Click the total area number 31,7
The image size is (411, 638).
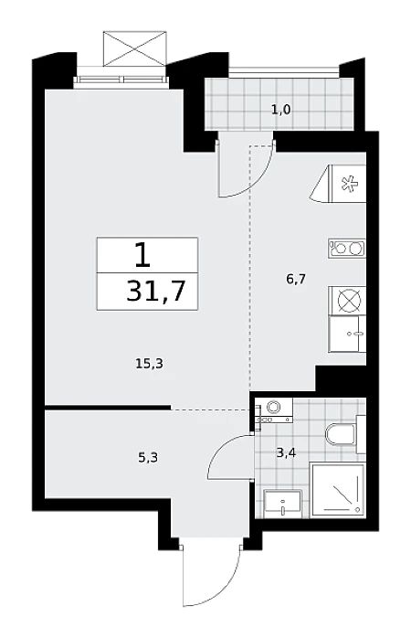tap(155, 291)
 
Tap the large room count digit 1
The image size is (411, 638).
tap(142, 255)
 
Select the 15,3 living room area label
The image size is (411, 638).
tap(149, 364)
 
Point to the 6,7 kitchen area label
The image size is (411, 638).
tap(296, 280)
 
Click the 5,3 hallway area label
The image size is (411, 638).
tap(148, 458)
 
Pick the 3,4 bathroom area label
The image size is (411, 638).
tap(286, 452)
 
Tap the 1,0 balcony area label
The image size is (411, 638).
tap(281, 110)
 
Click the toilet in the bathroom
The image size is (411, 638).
tap(345, 434)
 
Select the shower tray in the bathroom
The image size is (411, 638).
tap(337, 490)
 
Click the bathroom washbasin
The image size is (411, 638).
tap(283, 504)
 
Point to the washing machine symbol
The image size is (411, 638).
tap(274, 410)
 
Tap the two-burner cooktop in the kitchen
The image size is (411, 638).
tap(347, 249)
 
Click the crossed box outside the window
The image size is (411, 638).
tap(135, 48)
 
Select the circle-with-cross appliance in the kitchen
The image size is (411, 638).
tap(349, 302)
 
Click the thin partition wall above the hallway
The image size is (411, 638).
tap(108, 407)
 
